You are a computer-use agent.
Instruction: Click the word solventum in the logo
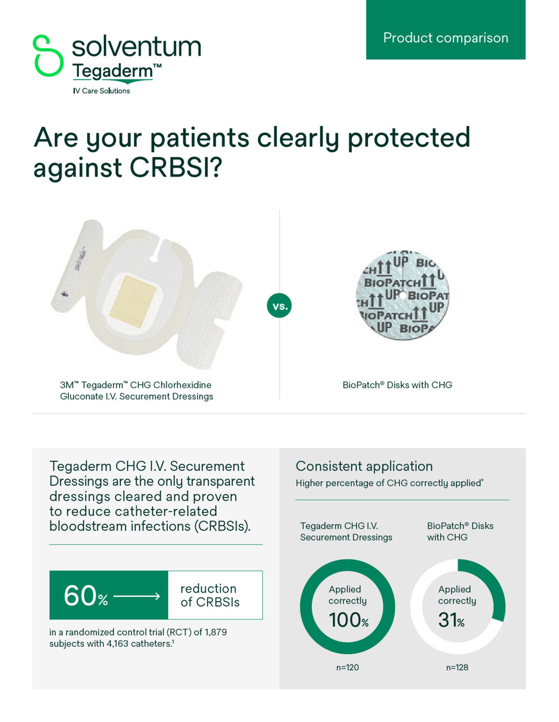(136, 46)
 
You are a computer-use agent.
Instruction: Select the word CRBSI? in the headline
(174, 168)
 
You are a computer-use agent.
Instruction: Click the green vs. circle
(279, 306)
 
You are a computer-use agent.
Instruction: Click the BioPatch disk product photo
(402, 294)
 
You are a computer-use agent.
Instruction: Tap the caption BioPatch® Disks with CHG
(397, 385)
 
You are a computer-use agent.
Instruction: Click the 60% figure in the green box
(85, 595)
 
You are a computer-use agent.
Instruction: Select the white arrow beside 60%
(137, 596)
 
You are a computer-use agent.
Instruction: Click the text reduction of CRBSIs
(210, 595)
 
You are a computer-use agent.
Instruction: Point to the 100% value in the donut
(348, 620)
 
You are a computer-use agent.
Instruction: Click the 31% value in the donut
(451, 620)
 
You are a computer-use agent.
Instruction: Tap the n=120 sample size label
(347, 667)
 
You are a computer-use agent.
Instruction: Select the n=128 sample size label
(457, 667)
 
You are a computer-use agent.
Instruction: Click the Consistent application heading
(364, 466)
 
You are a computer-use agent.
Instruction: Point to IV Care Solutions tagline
(102, 91)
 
